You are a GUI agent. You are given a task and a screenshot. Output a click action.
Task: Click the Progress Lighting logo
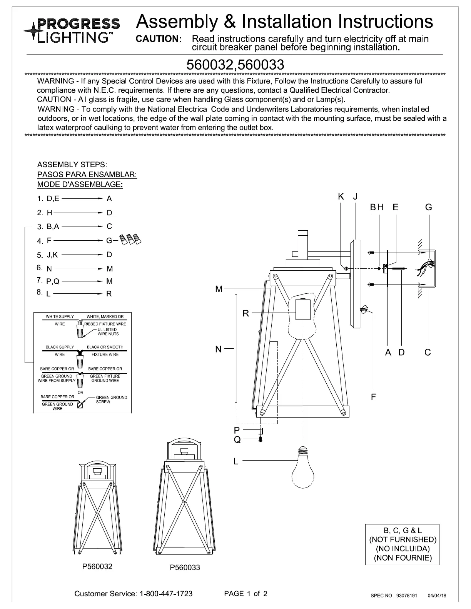point(72,29)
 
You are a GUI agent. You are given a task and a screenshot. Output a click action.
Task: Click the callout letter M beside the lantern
point(219,289)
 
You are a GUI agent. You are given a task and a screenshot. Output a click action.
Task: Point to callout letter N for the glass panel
point(219,349)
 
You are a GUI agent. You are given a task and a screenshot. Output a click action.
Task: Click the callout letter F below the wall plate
point(373,397)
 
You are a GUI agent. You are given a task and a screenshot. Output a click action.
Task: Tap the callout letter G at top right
point(429,207)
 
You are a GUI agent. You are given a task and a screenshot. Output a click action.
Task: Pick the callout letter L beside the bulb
point(236,461)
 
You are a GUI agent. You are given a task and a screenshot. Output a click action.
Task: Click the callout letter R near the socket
point(246,314)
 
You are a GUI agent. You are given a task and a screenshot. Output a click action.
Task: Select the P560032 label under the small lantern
point(97,566)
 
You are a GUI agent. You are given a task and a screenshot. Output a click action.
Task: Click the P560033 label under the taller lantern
point(185,567)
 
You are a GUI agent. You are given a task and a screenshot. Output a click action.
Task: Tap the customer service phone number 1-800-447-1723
point(166,594)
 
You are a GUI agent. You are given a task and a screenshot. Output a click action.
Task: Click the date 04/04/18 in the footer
point(437,596)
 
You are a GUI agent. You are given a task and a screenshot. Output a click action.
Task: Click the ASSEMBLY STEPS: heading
point(72,165)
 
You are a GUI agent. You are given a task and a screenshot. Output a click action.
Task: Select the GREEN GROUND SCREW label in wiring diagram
point(111,399)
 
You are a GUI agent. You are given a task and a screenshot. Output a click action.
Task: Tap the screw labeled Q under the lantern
point(261,438)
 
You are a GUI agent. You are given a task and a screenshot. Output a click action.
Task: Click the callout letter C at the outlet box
point(428,352)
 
